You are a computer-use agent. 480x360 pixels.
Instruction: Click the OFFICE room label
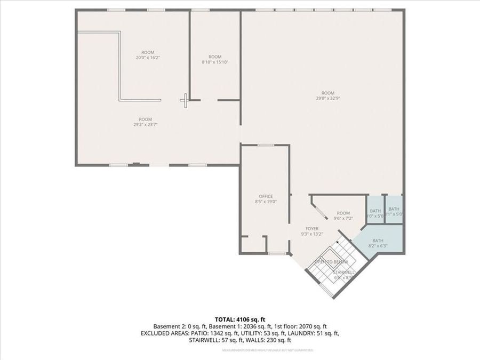click(266, 196)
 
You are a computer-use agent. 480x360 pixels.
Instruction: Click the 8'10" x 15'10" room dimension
click(215, 62)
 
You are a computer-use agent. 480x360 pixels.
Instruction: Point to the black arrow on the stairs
click(338, 243)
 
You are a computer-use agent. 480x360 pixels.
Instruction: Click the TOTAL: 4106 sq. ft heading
click(239, 319)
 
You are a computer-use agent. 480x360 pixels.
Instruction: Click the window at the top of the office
click(266, 145)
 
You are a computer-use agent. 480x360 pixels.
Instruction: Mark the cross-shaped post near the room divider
click(185, 99)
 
